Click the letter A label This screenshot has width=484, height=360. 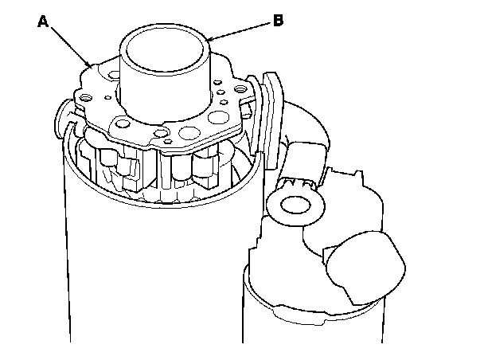click(x=44, y=22)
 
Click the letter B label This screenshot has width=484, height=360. click(x=278, y=22)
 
